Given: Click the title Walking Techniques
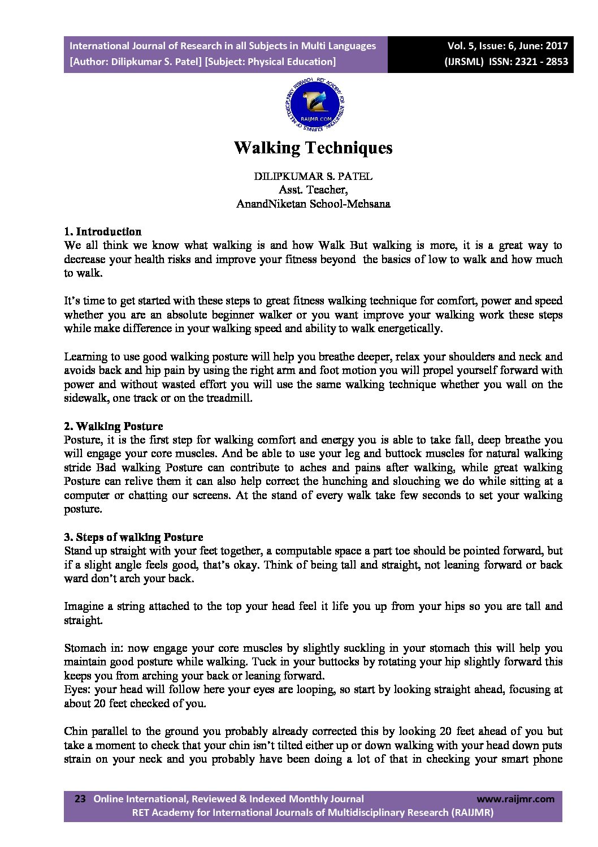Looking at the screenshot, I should [313, 148].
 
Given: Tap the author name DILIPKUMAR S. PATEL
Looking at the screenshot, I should [313, 176].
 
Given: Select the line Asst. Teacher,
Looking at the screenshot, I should [313, 190].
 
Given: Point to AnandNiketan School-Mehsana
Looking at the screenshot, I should [313, 204].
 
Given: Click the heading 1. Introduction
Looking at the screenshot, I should [102, 231].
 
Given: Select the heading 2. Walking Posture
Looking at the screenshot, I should [113, 426].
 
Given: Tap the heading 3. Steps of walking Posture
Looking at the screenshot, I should [133, 537].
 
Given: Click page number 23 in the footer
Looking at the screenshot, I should [80, 799].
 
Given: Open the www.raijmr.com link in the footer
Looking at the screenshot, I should [515, 799].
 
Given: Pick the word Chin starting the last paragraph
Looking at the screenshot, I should [75, 732].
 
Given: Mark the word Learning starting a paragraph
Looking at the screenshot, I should [85, 357].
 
